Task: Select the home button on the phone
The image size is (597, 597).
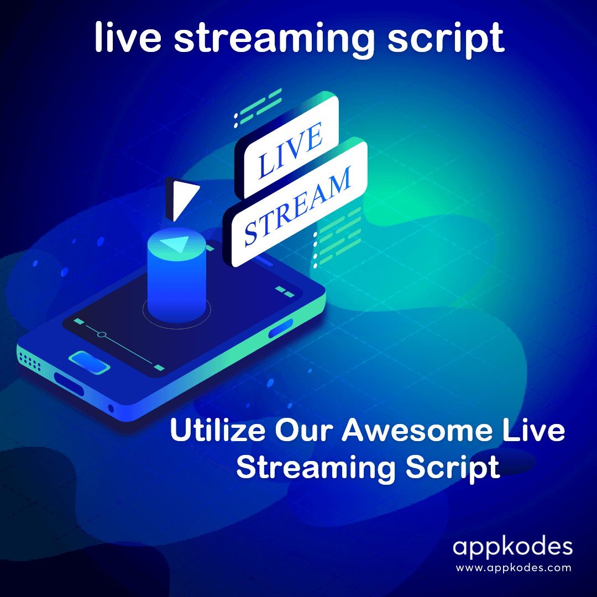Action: pyautogui.click(x=89, y=363)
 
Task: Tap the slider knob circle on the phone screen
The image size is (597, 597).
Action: pyautogui.click(x=101, y=334)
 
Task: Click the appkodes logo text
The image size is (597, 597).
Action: pyautogui.click(x=512, y=547)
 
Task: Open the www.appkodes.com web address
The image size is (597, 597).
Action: pyautogui.click(x=512, y=567)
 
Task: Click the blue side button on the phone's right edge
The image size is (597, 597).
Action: pyautogui.click(x=281, y=328)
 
